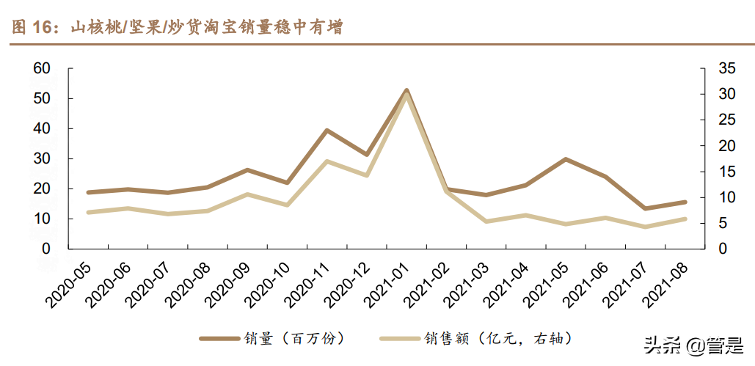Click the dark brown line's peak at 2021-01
pyautogui.click(x=406, y=90)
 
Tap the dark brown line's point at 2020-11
pyautogui.click(x=327, y=131)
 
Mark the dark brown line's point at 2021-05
pyautogui.click(x=566, y=158)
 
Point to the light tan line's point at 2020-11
pyautogui.click(x=327, y=161)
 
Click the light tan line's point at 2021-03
pyautogui.click(x=486, y=221)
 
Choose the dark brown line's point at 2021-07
pyautogui.click(x=646, y=208)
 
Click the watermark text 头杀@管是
pyautogui.click(x=693, y=345)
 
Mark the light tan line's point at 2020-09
pyautogui.click(x=247, y=194)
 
